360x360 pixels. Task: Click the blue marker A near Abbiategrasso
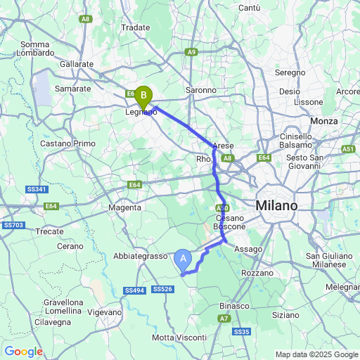coord(184,260)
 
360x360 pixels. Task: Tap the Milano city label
coord(276,205)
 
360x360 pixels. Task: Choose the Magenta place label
coord(125,207)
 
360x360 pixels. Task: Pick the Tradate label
coord(136,27)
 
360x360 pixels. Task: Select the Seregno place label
coord(290,72)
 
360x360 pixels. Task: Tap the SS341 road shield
coord(37,190)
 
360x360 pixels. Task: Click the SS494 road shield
coord(134,290)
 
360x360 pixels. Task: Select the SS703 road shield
coord(13,225)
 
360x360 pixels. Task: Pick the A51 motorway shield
coord(349,150)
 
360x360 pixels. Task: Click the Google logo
coord(23,352)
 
